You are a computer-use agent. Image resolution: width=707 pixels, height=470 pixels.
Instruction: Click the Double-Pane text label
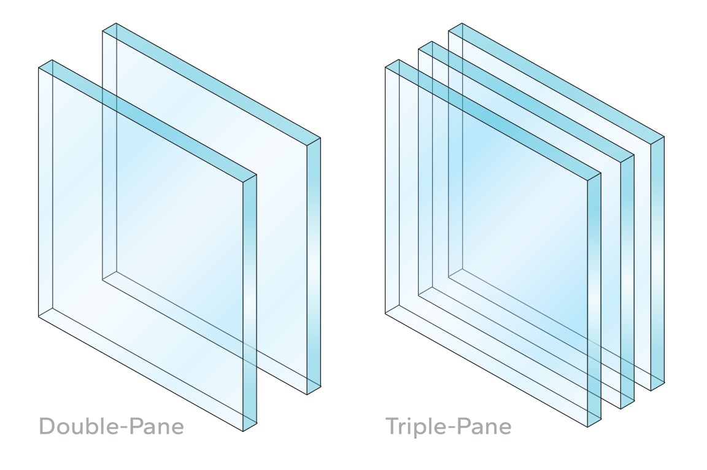(111, 425)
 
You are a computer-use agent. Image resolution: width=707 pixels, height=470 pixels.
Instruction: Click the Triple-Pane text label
(448, 425)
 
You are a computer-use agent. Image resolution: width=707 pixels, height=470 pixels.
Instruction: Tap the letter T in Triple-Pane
(392, 425)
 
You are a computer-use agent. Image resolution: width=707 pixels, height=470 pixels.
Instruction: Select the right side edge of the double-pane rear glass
(313, 264)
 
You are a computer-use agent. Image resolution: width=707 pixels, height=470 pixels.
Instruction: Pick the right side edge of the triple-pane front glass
(593, 301)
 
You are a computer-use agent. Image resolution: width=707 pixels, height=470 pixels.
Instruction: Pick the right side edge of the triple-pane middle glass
(627, 282)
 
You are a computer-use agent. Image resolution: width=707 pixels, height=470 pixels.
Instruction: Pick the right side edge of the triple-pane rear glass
(657, 264)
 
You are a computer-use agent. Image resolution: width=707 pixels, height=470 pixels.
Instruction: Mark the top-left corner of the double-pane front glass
(39, 67)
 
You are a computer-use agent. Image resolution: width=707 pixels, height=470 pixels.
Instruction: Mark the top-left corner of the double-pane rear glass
(102, 30)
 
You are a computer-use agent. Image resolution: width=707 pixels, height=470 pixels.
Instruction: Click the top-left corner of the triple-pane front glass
(385, 67)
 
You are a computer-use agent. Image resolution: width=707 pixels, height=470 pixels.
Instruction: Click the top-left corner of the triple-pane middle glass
(419, 48)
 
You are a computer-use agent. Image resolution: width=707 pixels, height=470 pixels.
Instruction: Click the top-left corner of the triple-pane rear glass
(449, 30)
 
